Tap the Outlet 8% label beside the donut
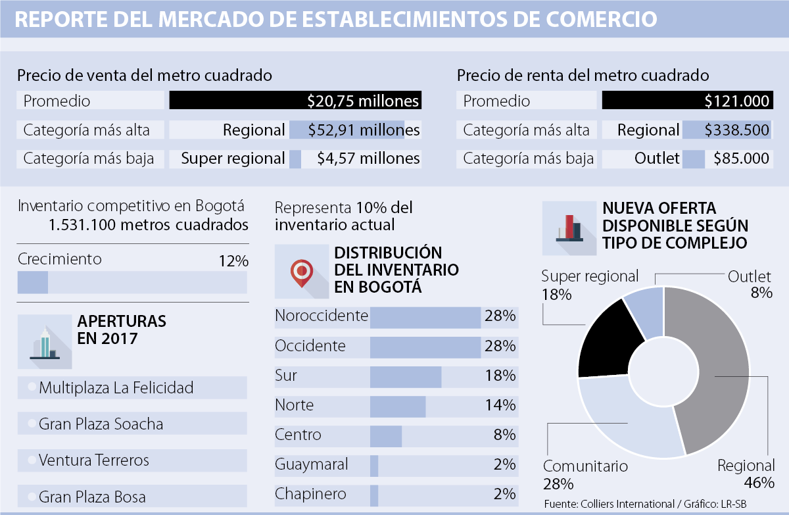pyautogui.click(x=750, y=284)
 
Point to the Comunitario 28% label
pyautogui.click(x=585, y=475)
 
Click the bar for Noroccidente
pyautogui.click(x=425, y=316)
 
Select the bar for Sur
pyautogui.click(x=406, y=376)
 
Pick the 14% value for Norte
pyautogui.click(x=500, y=406)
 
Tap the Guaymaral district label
pyautogui.click(x=312, y=464)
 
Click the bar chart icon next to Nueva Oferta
pyautogui.click(x=569, y=228)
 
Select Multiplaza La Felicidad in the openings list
pyautogui.click(x=116, y=388)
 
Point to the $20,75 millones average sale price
pyautogui.click(x=363, y=101)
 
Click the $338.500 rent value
pyautogui.click(x=737, y=130)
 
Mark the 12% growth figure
pyautogui.click(x=233, y=261)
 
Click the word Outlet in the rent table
pyautogui.click(x=657, y=159)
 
